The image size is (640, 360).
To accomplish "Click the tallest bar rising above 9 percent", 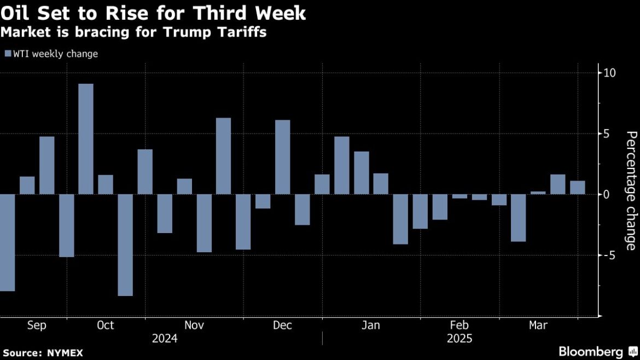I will point(86,139).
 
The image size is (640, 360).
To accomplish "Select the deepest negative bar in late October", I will point(125,245).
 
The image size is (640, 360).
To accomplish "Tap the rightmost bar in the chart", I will point(578,188).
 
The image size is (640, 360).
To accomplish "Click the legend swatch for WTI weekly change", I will point(7,54).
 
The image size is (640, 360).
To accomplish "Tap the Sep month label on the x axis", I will point(37,326).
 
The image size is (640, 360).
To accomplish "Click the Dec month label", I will point(282,326).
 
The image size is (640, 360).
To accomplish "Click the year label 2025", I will point(459,339).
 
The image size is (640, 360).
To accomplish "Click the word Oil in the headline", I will point(16,13).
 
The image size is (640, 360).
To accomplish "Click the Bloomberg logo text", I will point(590,351).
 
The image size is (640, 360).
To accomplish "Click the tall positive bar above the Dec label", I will point(282,157).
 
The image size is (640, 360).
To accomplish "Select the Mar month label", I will point(538,326).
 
